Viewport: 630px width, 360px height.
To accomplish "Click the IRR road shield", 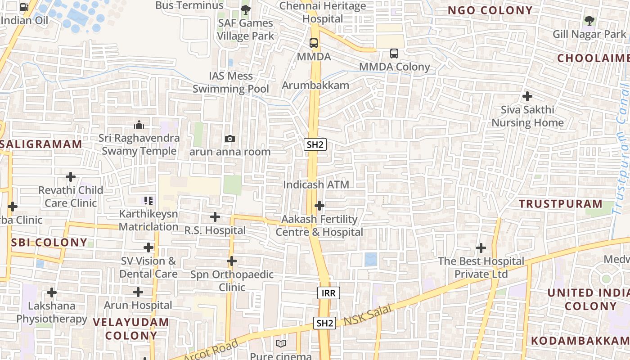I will click(x=328, y=293).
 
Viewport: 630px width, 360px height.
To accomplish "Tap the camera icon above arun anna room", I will click(x=230, y=139).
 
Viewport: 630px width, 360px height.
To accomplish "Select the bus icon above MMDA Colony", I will click(x=394, y=54).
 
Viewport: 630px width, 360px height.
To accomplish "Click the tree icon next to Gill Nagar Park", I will click(x=589, y=20).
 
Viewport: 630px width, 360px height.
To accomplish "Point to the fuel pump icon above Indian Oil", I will click(x=24, y=7).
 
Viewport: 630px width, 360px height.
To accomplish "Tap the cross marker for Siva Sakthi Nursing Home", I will click(x=527, y=96).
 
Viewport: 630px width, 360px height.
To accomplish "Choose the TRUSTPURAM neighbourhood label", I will click(x=560, y=204).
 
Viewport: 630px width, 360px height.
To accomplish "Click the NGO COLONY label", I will click(x=490, y=10).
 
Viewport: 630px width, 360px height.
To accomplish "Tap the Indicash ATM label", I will click(x=316, y=184).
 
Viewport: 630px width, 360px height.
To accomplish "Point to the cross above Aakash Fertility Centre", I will click(x=319, y=206).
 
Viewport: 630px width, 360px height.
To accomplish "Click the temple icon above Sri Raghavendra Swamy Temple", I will click(x=139, y=124).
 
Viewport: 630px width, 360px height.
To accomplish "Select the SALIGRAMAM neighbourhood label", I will click(x=41, y=144).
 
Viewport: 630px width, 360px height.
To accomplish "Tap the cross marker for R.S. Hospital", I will click(x=215, y=217).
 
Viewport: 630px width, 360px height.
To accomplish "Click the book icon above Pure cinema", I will click(x=281, y=344).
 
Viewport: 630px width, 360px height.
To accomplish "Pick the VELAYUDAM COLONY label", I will click(x=131, y=329).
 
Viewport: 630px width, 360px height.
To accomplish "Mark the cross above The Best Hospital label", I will click(x=481, y=248).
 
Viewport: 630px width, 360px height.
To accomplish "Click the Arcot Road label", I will click(x=211, y=351).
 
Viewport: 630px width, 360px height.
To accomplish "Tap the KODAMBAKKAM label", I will click(x=580, y=341).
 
